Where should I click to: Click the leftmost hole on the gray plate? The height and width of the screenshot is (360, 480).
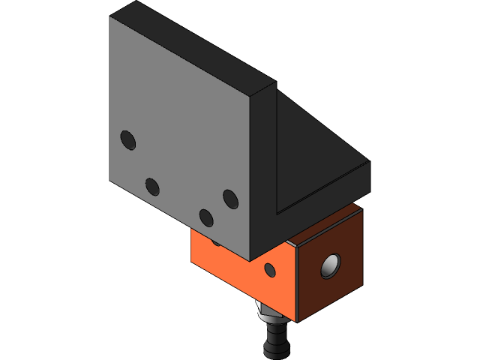[128, 139]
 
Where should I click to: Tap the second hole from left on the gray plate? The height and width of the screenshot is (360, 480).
[152, 186]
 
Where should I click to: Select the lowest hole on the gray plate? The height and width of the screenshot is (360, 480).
[206, 217]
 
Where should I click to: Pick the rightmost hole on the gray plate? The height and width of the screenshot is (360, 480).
[230, 199]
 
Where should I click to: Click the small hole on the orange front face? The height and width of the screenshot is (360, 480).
[270, 269]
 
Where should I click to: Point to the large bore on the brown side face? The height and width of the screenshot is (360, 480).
[330, 265]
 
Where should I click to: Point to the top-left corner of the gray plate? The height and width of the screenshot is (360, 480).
[110, 17]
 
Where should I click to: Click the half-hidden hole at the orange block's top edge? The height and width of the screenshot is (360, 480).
[216, 241]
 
